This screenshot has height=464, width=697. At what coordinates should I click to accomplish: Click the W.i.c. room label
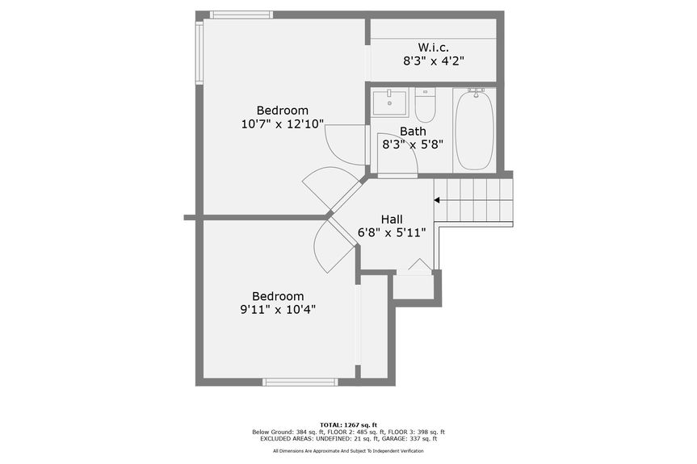[x=433, y=47]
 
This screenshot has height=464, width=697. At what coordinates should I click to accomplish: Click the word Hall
[x=392, y=219]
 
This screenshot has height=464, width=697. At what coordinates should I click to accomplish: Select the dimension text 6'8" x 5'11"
[x=392, y=233]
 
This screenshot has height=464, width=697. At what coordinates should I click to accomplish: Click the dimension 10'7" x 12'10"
[x=283, y=124]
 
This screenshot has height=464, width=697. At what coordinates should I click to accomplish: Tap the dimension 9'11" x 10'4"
[x=277, y=310]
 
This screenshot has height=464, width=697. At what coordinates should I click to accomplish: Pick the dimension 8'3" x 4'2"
[x=433, y=61]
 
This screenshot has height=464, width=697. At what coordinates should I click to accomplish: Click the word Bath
[x=413, y=132]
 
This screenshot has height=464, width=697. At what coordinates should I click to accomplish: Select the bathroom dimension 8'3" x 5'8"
[x=413, y=145]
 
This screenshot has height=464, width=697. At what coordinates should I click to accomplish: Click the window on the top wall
[x=241, y=15]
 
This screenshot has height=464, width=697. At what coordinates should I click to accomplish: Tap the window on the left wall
[x=199, y=52]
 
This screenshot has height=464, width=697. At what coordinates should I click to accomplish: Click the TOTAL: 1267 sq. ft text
[x=348, y=424]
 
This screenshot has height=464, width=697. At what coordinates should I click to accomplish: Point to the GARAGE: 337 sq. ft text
[x=413, y=439]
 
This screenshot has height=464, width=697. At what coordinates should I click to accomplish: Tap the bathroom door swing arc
[x=401, y=158]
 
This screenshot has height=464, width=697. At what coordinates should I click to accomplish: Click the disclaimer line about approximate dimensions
[x=348, y=451]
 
